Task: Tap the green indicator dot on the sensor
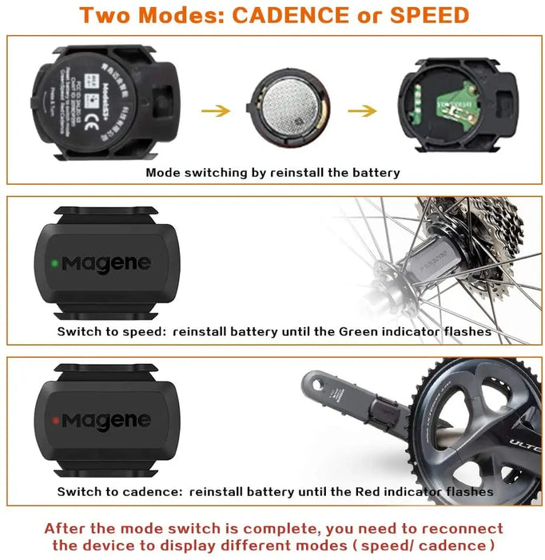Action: coord(52,262)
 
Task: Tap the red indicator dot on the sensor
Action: coord(53,418)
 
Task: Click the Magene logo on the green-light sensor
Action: coord(106,263)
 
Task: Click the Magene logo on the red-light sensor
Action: coord(106,419)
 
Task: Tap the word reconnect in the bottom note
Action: coord(456,530)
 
